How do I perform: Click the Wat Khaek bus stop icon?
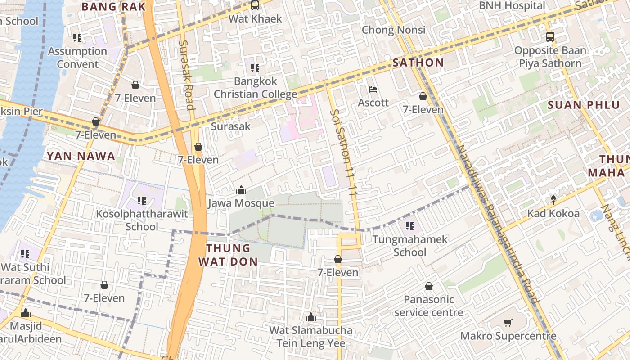255,5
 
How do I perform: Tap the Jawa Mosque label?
241,203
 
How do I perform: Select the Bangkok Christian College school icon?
255,68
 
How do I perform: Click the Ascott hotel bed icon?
373,90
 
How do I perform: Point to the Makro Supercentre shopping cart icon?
508,323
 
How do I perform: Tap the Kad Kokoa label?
553,213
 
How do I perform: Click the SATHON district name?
418,63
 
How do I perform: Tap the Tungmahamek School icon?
409,225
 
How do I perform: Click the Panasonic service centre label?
428,306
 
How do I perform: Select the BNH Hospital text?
512,5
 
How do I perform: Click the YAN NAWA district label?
81,156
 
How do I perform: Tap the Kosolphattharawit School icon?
142,200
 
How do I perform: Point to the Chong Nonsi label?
393,30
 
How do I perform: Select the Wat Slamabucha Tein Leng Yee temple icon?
310,317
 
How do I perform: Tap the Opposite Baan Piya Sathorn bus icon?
550,37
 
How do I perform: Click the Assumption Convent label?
77,58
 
